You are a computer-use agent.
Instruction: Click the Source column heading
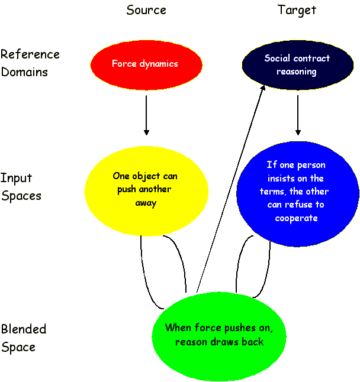click(146, 10)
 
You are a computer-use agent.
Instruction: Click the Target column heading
click(297, 10)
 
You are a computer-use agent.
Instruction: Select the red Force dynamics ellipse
click(146, 64)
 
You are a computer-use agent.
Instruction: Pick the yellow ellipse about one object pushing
click(146, 189)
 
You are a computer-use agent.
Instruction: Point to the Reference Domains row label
click(30, 63)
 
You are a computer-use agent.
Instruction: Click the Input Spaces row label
click(21, 187)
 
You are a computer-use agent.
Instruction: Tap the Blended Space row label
click(24, 338)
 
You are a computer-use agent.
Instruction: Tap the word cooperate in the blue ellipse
click(297, 218)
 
